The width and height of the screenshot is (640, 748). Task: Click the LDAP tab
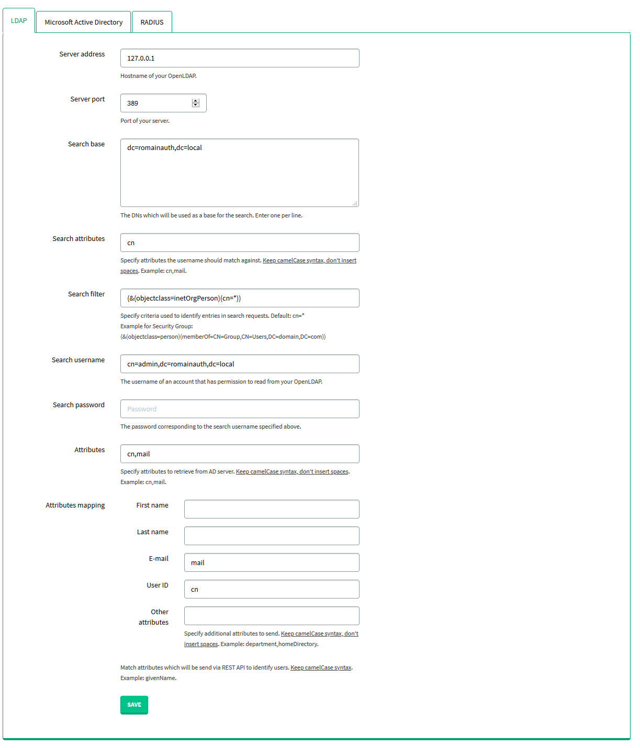pyautogui.click(x=19, y=21)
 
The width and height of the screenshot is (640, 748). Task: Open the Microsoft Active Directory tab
pyautogui.click(x=84, y=22)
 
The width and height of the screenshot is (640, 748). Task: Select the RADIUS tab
pyautogui.click(x=152, y=22)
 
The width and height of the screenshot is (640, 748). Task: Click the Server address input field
pyautogui.click(x=240, y=58)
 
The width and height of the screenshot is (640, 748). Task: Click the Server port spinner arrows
pyautogui.click(x=196, y=103)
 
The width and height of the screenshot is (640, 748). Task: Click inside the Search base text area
pyautogui.click(x=240, y=172)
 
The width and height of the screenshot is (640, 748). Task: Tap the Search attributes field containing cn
pyautogui.click(x=240, y=243)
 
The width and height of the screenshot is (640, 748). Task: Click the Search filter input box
pyautogui.click(x=240, y=298)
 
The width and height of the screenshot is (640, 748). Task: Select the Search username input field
pyautogui.click(x=240, y=364)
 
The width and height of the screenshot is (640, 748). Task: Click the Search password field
pyautogui.click(x=240, y=409)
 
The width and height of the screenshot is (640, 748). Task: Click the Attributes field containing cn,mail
pyautogui.click(x=240, y=454)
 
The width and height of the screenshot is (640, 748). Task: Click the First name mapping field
pyautogui.click(x=272, y=509)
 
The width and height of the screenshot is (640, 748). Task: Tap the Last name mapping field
pyautogui.click(x=272, y=536)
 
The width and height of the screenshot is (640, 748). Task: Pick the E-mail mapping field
pyautogui.click(x=272, y=562)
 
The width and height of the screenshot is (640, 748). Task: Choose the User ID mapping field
pyautogui.click(x=272, y=589)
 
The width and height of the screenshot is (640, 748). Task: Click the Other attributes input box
pyautogui.click(x=272, y=616)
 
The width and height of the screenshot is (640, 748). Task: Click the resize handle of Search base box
pyautogui.click(x=355, y=203)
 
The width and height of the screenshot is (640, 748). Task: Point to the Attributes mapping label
pyautogui.click(x=75, y=505)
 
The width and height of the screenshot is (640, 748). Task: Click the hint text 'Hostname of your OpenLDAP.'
pyautogui.click(x=159, y=76)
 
